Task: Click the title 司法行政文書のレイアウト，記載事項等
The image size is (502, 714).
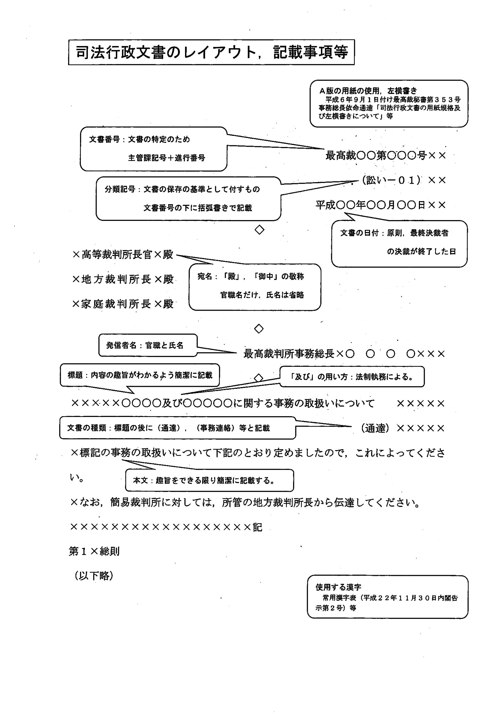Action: pos(211,52)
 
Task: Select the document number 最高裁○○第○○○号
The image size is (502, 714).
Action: pos(376,155)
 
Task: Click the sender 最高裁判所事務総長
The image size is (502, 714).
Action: pos(289,354)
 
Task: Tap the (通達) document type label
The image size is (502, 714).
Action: pos(375,428)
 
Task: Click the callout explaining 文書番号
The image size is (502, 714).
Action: pos(153,149)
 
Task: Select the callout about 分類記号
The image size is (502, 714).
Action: pos(188,198)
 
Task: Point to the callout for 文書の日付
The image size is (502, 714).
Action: pos(399,243)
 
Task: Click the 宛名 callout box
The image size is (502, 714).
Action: pos(254,287)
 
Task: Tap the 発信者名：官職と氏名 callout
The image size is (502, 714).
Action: pos(148,345)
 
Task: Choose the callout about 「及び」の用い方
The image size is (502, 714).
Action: pos(352,377)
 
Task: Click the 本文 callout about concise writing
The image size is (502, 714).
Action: pos(209,480)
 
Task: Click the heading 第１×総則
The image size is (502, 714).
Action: pos(94,551)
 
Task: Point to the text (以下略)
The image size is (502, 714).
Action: pos(94,576)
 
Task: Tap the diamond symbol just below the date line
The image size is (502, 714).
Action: pos(259,230)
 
